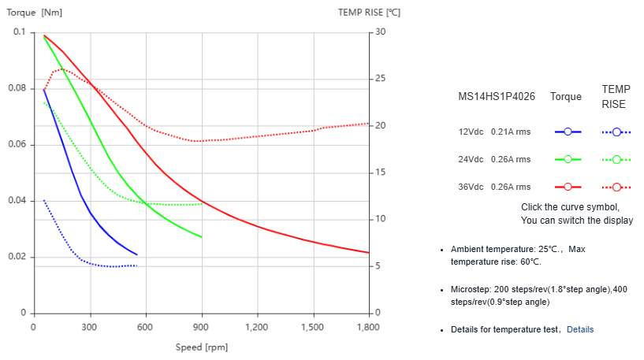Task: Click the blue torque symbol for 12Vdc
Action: [567, 132]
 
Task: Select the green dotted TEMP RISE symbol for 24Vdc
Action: [616, 159]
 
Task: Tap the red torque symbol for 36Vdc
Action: [567, 187]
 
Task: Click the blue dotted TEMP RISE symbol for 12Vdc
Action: [616, 132]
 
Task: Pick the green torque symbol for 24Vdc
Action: [567, 159]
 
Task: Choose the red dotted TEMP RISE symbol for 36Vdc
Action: [616, 187]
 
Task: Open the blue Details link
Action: [579, 329]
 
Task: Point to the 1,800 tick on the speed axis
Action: [368, 326]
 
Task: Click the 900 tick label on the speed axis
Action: [202, 326]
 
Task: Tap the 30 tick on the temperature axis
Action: [381, 32]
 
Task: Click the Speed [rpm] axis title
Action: [201, 347]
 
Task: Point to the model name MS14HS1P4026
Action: [497, 97]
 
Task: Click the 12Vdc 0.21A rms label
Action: [494, 132]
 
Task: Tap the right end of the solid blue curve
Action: [137, 254]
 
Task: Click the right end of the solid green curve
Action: [202, 237]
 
